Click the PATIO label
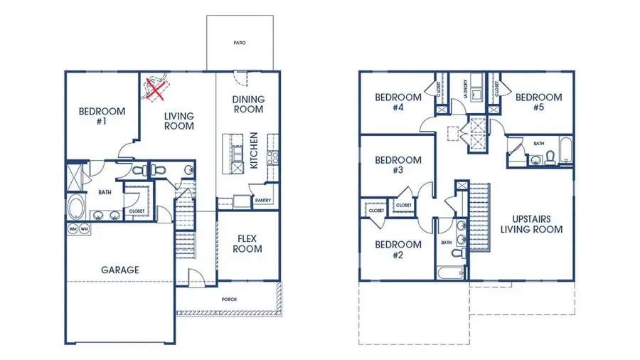pyautogui.click(x=240, y=43)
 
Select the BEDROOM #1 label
pyautogui.click(x=102, y=117)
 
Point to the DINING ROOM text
pyautogui.click(x=249, y=104)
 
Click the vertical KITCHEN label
pyautogui.click(x=254, y=150)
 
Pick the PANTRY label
pyautogui.click(x=263, y=201)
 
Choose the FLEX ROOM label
pyautogui.click(x=247, y=243)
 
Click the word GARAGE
pyautogui.click(x=119, y=270)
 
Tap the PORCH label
pyautogui.click(x=229, y=300)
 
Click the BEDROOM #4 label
pyautogui.click(x=398, y=102)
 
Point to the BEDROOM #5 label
pyautogui.click(x=538, y=102)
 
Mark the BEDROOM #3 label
pyautogui.click(x=398, y=165)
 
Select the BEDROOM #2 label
pyautogui.click(x=398, y=250)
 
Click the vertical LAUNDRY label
pyautogui.click(x=464, y=91)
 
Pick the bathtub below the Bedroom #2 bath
pyautogui.click(x=451, y=273)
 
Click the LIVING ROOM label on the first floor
pyautogui.click(x=179, y=121)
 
